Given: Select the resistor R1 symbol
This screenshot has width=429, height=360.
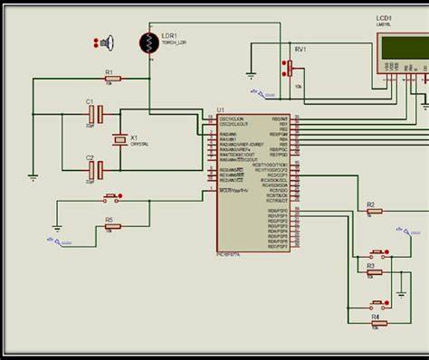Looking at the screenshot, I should [110, 79].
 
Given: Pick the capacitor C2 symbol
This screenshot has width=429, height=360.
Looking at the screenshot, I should [101, 169].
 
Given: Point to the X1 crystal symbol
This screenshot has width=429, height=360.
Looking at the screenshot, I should [119, 140].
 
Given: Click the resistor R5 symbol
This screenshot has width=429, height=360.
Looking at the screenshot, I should [110, 227].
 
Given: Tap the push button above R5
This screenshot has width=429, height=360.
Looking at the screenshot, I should [113, 197].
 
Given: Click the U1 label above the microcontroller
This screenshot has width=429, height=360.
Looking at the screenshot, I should [220, 110].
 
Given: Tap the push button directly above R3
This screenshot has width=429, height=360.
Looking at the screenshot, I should [376, 252].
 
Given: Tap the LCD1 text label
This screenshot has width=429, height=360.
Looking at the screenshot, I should [386, 17].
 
